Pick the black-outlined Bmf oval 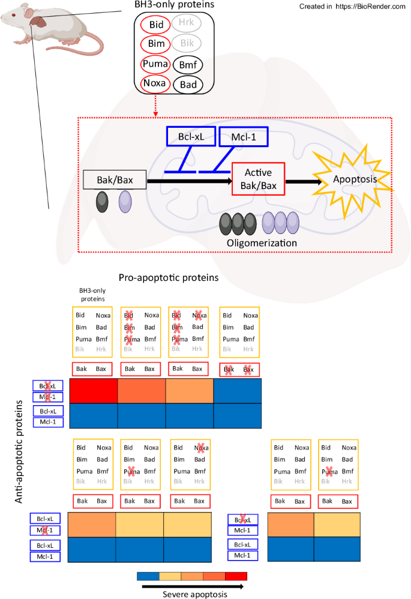click(188, 64)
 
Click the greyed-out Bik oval click(188, 44)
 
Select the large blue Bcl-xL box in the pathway click(190, 137)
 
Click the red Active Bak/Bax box click(259, 179)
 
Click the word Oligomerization click(262, 243)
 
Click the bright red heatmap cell click(94, 391)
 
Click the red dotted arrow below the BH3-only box click(155, 106)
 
